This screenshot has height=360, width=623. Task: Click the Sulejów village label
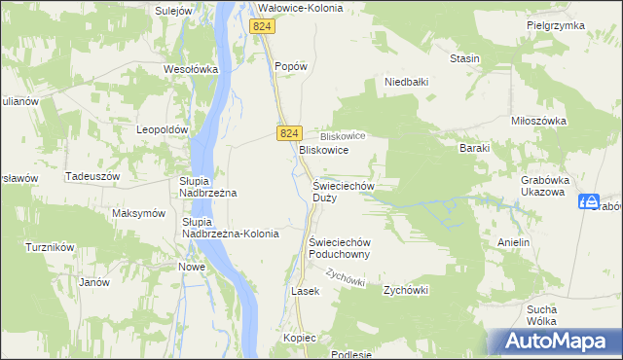pyautogui.click(x=174, y=10)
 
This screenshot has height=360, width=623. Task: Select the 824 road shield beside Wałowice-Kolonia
pyautogui.click(x=261, y=27)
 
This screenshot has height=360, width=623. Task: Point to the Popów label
pyautogui.click(x=291, y=66)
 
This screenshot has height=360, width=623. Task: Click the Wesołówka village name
pyautogui.click(x=190, y=69)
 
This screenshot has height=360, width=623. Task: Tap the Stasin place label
pyautogui.click(x=464, y=58)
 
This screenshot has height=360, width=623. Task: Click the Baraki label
pyautogui.click(x=474, y=148)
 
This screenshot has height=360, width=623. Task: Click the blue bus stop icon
pyautogui.click(x=587, y=201)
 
